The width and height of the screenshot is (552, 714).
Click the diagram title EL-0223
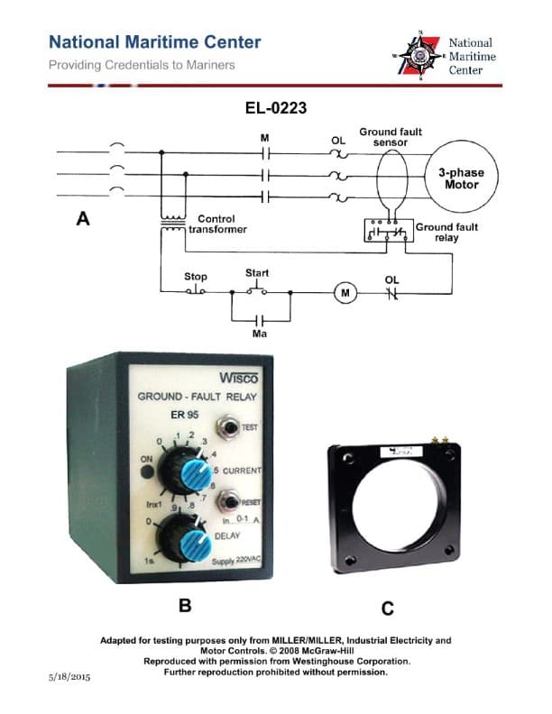click(276, 108)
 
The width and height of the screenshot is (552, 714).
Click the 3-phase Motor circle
click(458, 178)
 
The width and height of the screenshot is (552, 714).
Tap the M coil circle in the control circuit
click(346, 292)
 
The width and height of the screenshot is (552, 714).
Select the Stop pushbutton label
click(195, 277)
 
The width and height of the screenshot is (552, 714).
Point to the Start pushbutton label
click(257, 272)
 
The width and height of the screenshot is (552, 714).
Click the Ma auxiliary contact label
click(260, 334)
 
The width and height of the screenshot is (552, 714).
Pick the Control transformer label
click(216, 224)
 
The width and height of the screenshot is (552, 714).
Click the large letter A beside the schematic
click(83, 219)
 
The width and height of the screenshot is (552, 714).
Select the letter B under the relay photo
click(184, 607)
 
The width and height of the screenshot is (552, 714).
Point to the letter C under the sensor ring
click(388, 609)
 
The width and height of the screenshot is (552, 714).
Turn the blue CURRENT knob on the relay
click(192, 471)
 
